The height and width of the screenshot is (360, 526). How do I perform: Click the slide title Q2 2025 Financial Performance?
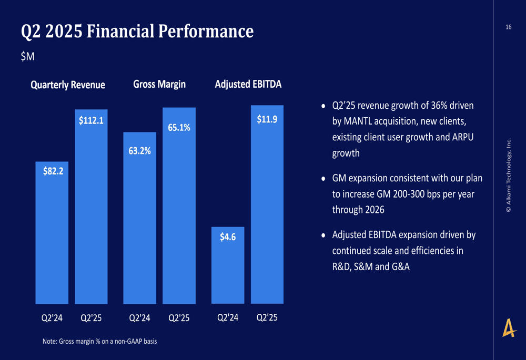(137, 32)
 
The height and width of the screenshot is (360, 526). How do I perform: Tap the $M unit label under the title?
(27, 57)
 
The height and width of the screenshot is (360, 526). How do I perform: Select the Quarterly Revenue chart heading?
(68, 85)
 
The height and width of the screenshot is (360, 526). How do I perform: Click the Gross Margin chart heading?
(159, 84)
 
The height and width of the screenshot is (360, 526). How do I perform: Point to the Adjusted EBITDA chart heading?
(248, 84)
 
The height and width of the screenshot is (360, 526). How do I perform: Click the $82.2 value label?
(53, 171)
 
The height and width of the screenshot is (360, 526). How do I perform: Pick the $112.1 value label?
(92, 120)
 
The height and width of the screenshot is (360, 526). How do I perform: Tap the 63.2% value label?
(139, 151)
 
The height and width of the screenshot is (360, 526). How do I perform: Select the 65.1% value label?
(179, 127)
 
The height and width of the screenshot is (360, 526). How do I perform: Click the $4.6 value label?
(228, 236)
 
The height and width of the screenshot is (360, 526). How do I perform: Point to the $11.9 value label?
(267, 119)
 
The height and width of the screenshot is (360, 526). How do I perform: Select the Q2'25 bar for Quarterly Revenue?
(92, 221)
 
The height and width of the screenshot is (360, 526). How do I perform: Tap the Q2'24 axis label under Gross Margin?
(139, 318)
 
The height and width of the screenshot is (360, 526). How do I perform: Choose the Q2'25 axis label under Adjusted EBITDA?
(267, 317)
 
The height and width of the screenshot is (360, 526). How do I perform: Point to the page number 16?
(508, 27)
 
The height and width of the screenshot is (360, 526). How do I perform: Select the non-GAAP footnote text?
(99, 341)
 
